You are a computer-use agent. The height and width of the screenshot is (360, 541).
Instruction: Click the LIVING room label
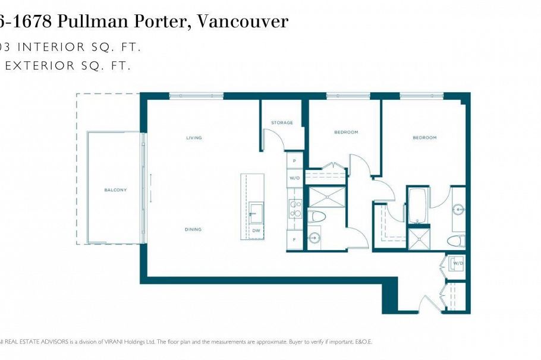point(194,138)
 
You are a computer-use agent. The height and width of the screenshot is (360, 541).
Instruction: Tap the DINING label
point(193,229)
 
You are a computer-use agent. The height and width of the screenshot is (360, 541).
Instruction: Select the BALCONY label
point(115,190)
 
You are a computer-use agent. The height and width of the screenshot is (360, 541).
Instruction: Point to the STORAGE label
point(282,123)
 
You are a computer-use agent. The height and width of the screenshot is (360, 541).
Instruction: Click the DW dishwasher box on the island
point(256,230)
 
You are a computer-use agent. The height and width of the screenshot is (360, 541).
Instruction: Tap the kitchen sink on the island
point(256,212)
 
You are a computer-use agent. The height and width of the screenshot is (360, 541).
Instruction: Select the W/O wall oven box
point(294,178)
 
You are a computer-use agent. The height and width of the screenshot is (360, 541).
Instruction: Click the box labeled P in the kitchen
point(294,161)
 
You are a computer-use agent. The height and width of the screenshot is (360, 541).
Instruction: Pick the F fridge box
point(294,239)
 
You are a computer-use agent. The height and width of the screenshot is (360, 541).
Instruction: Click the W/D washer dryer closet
point(458,263)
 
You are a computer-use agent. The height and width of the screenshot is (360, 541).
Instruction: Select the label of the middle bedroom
point(346,132)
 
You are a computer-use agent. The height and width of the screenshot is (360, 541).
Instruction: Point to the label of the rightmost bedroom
point(424,138)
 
